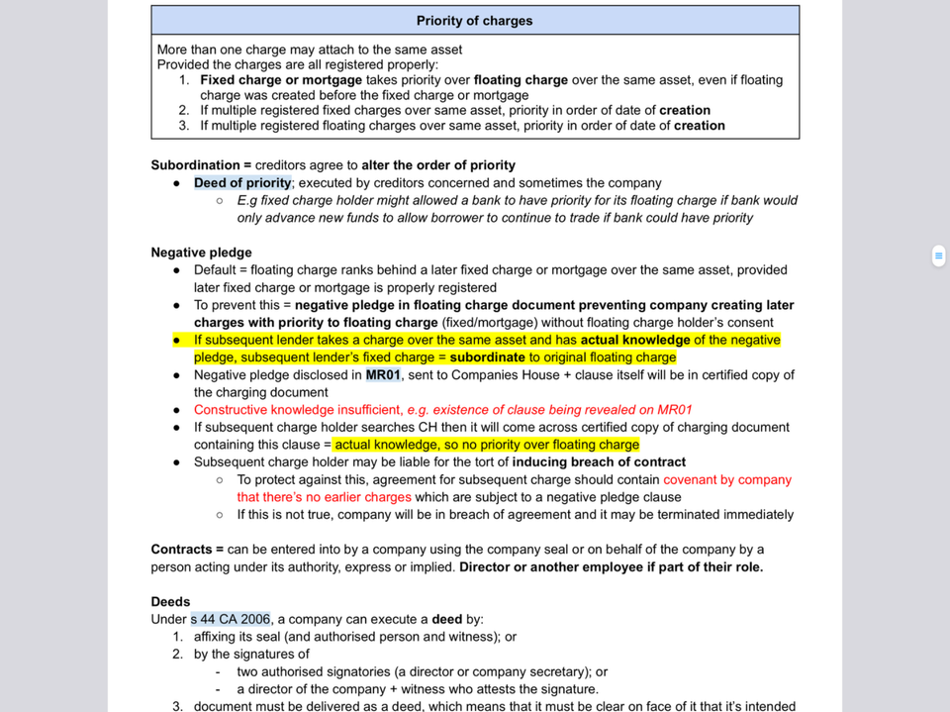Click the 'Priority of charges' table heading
point(474,21)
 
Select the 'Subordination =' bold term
point(195,165)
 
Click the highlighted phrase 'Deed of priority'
point(242,183)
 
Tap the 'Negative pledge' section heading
point(201,253)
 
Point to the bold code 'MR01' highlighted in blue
point(383,375)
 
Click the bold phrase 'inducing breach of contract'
point(599,462)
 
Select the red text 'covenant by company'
point(727,480)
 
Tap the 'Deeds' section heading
point(170,602)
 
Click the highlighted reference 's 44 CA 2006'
point(231,620)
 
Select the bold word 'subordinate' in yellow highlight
point(487,357)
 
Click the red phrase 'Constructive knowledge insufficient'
point(297,410)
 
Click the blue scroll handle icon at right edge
point(938,256)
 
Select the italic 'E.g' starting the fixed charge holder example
point(247,200)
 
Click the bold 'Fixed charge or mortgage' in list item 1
point(281,80)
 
